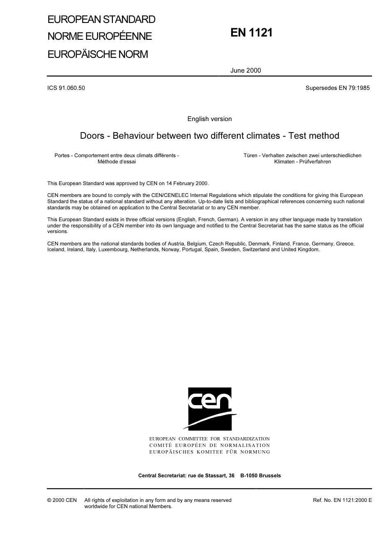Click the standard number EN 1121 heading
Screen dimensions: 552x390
(x=251, y=33)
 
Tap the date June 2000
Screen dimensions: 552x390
(x=245, y=70)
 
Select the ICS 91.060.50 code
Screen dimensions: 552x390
(x=66, y=88)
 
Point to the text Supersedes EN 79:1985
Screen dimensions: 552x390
(x=337, y=88)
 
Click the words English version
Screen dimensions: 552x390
(x=209, y=119)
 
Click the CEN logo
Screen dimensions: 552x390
(x=210, y=409)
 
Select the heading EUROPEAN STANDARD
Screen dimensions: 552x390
(x=101, y=19)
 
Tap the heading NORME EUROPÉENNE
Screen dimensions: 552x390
(x=100, y=36)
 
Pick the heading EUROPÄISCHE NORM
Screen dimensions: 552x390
(x=98, y=54)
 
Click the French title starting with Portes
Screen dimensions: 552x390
(x=117, y=158)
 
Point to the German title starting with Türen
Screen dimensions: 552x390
(x=302, y=158)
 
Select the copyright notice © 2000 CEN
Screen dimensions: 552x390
(x=62, y=500)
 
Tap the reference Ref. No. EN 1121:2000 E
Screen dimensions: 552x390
(x=342, y=500)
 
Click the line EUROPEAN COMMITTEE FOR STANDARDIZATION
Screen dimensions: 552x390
(x=209, y=439)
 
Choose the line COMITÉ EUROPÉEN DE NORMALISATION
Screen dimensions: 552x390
(x=209, y=445)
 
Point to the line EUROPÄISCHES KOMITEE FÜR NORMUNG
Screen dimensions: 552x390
(x=209, y=452)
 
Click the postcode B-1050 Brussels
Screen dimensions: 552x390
(x=261, y=476)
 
